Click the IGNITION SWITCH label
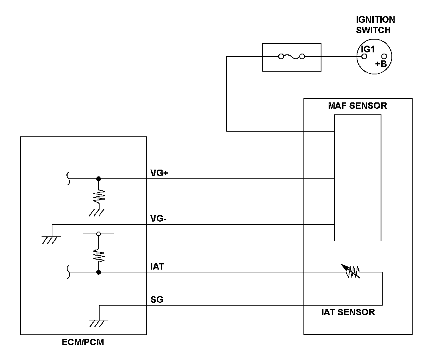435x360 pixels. click(375, 25)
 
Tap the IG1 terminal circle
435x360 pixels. click(364, 57)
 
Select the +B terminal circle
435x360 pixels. click(384, 57)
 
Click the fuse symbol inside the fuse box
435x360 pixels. click(291, 57)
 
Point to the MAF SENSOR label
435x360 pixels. click(357, 106)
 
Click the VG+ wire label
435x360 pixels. click(159, 173)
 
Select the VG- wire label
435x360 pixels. click(158, 219)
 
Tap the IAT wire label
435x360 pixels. click(157, 266)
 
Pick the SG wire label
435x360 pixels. click(157, 300)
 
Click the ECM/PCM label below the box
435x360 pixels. click(83, 342)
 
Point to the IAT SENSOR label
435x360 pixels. click(348, 312)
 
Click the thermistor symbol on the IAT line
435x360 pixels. click(351, 271)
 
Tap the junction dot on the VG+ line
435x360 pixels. click(98, 179)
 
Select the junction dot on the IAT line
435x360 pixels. click(98, 272)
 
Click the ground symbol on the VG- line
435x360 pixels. click(52, 240)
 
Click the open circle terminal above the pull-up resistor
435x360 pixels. click(98, 234)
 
